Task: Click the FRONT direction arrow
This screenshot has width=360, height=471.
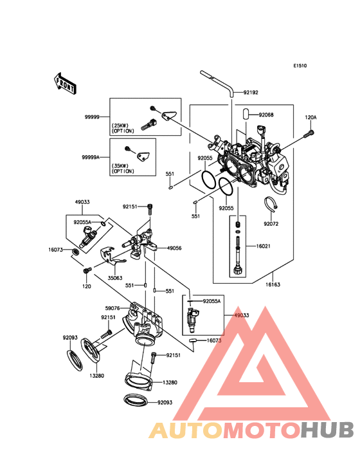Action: pos(65,84)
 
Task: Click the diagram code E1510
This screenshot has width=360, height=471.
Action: pos(300,66)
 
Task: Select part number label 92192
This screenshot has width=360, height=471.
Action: pos(251,93)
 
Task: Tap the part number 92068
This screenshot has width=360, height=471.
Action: pos(266,115)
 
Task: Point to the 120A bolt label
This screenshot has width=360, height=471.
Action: pos(310,118)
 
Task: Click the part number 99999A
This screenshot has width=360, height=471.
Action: pos(91,157)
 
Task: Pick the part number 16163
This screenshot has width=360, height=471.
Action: pos(273,284)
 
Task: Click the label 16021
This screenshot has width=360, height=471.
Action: pos(263,246)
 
